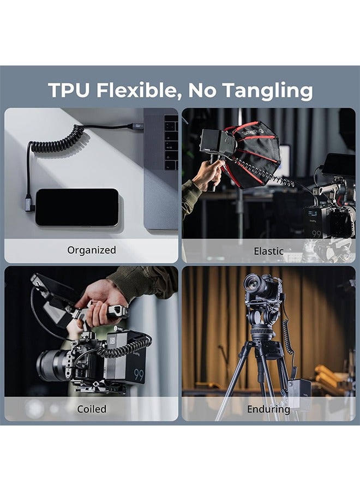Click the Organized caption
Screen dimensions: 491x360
coord(92,250)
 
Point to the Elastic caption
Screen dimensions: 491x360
coord(268,252)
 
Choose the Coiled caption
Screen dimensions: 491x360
coord(92,409)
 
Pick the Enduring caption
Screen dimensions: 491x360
coord(268,409)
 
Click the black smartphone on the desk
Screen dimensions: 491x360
coord(77,207)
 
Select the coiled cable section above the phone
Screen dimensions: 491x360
coord(57,140)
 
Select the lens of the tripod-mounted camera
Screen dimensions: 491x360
coord(253,283)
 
